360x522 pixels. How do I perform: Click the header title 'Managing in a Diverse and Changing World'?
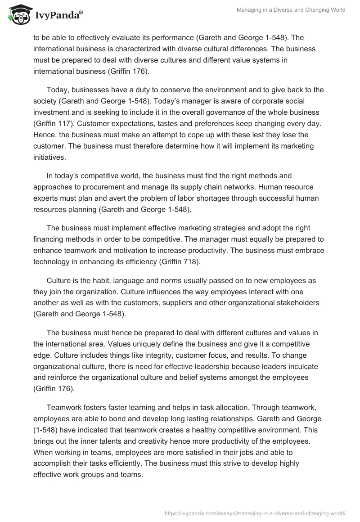[291, 10]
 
